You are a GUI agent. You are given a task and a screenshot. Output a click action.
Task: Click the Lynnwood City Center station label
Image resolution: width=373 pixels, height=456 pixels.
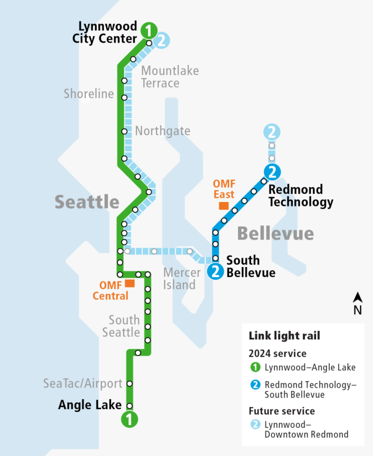[x=104, y=32]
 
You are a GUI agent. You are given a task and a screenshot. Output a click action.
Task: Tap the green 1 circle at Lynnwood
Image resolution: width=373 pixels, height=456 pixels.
[x=149, y=31]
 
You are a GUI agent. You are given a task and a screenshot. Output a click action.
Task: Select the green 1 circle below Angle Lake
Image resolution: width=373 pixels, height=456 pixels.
[x=130, y=419]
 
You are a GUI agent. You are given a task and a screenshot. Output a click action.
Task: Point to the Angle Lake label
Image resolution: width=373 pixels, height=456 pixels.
[x=90, y=405]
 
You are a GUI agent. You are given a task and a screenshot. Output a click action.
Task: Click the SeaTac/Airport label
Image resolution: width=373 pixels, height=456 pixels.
[x=83, y=384]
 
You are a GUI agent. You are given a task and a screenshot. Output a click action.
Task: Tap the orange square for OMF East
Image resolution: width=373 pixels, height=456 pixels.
[x=223, y=205]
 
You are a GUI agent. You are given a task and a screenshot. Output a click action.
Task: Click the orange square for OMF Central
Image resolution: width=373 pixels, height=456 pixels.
[x=130, y=283]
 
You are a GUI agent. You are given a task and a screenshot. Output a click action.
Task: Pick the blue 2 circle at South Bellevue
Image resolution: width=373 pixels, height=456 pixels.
[x=215, y=271]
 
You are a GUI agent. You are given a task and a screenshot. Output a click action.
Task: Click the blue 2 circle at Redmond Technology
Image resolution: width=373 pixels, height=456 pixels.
[x=272, y=171]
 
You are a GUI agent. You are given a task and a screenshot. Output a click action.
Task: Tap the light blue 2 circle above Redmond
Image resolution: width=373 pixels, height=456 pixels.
[x=272, y=131]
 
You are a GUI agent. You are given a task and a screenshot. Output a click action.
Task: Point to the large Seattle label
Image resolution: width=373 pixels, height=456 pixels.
[x=87, y=202]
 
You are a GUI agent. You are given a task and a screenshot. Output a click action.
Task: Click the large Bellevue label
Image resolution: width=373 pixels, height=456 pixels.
[x=275, y=234]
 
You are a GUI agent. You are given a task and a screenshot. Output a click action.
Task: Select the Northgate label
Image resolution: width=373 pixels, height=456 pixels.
[x=163, y=131]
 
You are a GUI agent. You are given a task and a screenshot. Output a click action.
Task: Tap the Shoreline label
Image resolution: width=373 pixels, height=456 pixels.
[x=89, y=94]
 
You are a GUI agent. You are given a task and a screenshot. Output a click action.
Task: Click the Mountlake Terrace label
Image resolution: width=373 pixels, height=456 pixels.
[x=170, y=77]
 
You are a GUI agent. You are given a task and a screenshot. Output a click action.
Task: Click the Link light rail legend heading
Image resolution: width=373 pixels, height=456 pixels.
[x=284, y=336]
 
